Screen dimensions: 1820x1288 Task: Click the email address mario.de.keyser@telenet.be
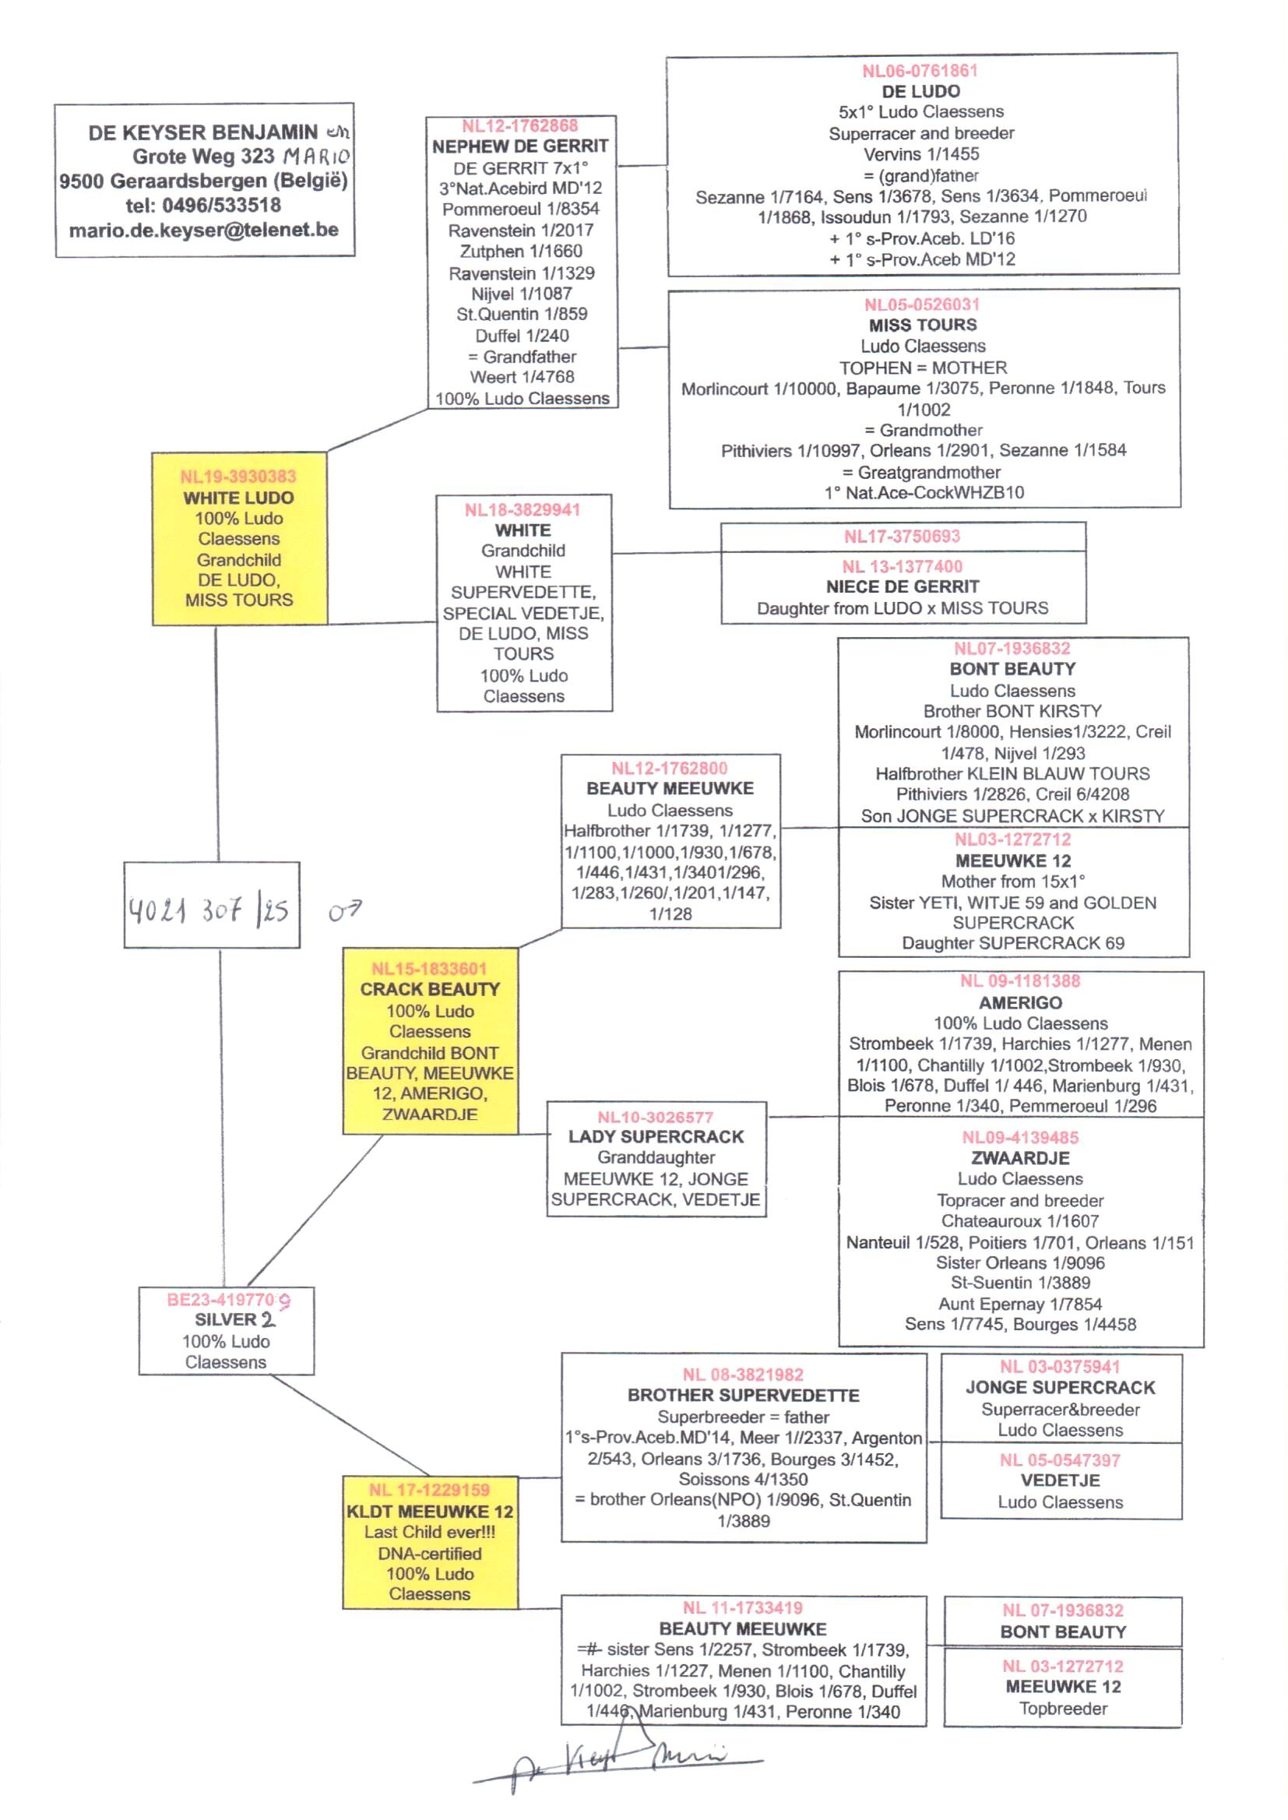tap(204, 230)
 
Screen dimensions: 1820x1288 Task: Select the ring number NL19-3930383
tap(238, 477)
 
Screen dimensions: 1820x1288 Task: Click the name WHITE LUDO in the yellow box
tap(238, 498)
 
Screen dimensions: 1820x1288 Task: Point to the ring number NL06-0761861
tap(920, 71)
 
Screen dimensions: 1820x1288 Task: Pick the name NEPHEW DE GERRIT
tap(520, 146)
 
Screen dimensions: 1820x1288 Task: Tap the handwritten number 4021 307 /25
tap(209, 910)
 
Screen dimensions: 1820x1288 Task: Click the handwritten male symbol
tap(345, 911)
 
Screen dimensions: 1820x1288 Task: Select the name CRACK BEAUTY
tap(430, 989)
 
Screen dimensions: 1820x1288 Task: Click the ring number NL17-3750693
tap(902, 537)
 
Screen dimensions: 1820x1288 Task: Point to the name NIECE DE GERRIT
tap(903, 587)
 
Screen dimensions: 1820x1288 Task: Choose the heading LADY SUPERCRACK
tap(656, 1136)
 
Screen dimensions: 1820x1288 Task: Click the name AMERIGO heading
tap(1020, 1002)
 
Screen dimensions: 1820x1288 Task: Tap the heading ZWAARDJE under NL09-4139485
tap(1020, 1158)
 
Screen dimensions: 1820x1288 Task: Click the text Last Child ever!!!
tap(430, 1532)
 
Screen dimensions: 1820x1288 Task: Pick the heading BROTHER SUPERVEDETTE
tap(743, 1395)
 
